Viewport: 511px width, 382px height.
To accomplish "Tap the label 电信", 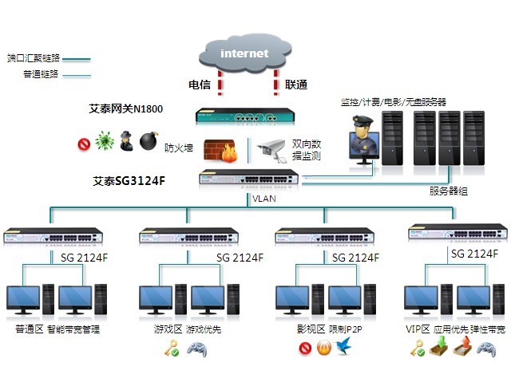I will (x=200, y=84).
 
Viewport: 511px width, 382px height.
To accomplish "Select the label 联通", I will (x=296, y=84).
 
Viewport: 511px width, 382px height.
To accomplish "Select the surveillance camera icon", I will (x=271, y=148).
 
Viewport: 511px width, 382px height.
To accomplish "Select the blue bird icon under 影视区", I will (x=344, y=348).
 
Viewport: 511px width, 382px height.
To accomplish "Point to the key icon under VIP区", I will (x=416, y=348).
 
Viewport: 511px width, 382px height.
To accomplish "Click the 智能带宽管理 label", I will (x=73, y=328).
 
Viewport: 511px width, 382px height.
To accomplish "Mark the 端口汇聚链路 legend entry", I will (x=33, y=58).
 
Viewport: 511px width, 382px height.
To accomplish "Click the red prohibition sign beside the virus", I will (x=83, y=144).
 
